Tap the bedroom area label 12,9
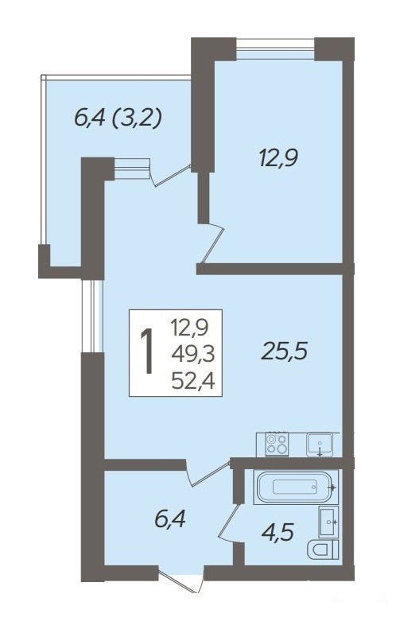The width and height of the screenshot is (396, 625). click(x=279, y=158)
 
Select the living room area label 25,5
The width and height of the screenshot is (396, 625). click(x=284, y=351)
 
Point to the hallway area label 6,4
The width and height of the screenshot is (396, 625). click(x=170, y=519)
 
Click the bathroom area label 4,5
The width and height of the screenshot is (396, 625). click(x=278, y=532)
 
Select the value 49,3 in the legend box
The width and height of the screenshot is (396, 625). click(x=193, y=353)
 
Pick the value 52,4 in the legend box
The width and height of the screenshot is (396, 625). click(x=193, y=382)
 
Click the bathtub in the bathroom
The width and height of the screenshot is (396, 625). click(x=294, y=487)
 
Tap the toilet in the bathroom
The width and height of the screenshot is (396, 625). click(x=324, y=550)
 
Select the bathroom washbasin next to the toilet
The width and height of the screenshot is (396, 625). click(x=329, y=522)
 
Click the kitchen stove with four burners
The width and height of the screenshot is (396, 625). click(x=278, y=444)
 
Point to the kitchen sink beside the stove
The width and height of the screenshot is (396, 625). click(x=320, y=444)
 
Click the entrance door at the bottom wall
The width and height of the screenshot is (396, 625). click(x=181, y=579)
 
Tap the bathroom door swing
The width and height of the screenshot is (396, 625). click(x=229, y=523)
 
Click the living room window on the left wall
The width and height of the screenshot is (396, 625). click(x=92, y=316)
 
